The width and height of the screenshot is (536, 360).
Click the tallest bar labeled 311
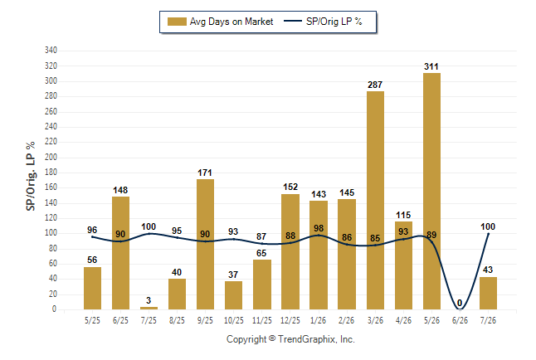(x=431, y=191)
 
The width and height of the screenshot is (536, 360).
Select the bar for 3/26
(x=375, y=201)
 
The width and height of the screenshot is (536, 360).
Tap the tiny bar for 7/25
(x=149, y=308)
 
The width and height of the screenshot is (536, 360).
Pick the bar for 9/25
(x=205, y=244)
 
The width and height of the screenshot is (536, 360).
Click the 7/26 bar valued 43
(x=488, y=293)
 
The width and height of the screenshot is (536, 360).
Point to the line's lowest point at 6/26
(x=460, y=309)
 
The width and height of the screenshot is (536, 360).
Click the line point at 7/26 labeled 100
(x=488, y=234)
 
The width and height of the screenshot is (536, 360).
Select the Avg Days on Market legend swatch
(x=177, y=22)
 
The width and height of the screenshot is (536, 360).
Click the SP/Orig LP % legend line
(x=293, y=22)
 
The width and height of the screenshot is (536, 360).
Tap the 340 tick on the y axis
(x=51, y=51)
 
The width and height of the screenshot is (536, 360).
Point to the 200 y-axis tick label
(x=51, y=157)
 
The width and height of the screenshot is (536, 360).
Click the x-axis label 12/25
(x=290, y=320)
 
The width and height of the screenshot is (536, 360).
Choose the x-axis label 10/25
(x=233, y=320)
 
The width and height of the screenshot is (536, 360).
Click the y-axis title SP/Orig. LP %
(x=31, y=176)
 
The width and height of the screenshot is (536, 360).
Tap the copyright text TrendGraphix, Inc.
(x=316, y=339)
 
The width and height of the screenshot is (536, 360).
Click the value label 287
(x=375, y=85)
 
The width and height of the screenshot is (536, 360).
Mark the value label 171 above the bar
(x=205, y=173)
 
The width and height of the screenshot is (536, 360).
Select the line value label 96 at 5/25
(x=92, y=230)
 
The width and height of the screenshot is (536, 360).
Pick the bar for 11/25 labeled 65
(x=262, y=285)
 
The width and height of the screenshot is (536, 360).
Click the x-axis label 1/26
(x=319, y=320)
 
